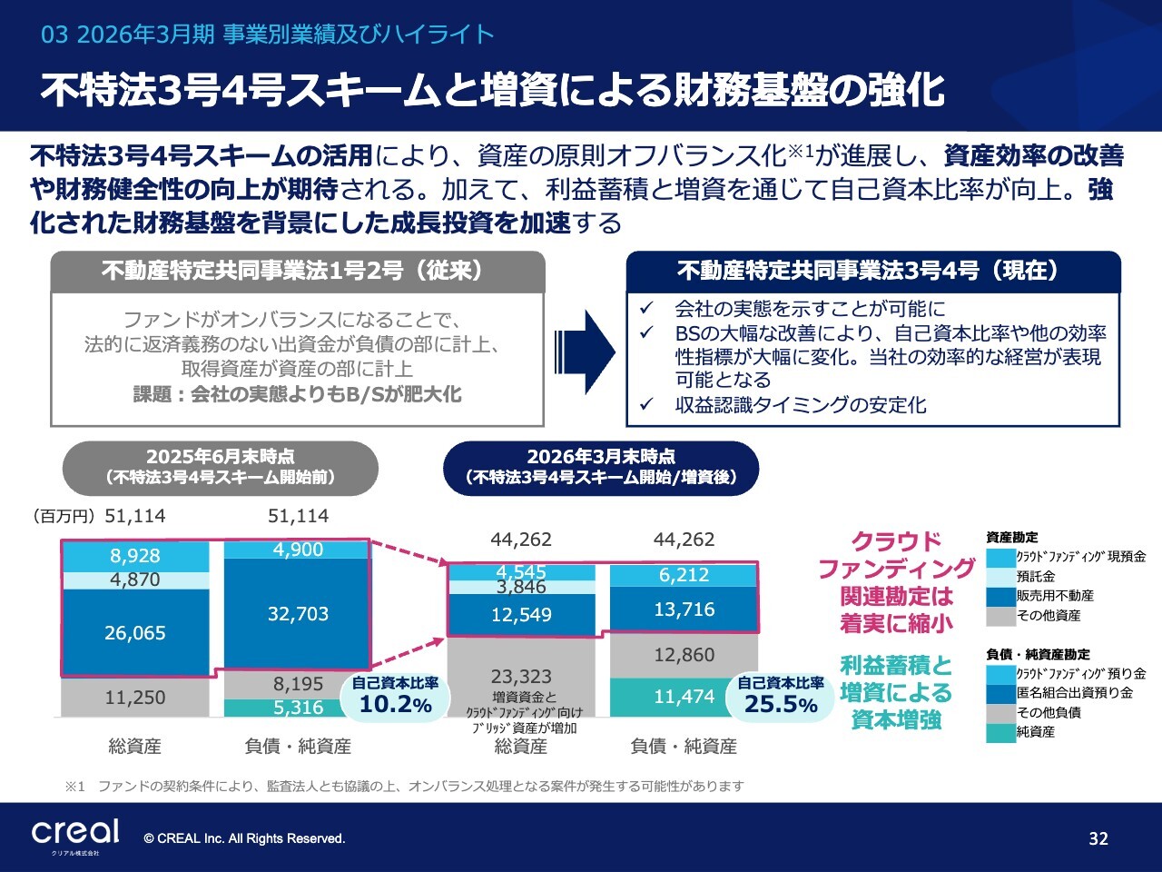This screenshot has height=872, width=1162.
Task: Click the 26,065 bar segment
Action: pyautogui.click(x=135, y=633)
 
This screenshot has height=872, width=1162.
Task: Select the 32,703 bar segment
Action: pyautogui.click(x=298, y=614)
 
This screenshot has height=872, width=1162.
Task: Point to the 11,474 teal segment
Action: pyautogui.click(x=673, y=697)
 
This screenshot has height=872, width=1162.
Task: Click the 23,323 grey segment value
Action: pyautogui.click(x=521, y=676)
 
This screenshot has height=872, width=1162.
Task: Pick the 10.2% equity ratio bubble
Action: pyautogui.click(x=396, y=696)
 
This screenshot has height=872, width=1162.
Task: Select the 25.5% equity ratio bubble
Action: pyautogui.click(x=781, y=696)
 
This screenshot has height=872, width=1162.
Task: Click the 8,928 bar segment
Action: pyautogui.click(x=135, y=556)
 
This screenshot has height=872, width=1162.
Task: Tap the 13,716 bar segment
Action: pyautogui.click(x=684, y=609)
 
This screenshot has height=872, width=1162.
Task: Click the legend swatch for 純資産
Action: pyautogui.click(x=1000, y=732)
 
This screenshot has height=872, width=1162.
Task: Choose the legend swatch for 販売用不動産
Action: pyautogui.click(x=1000, y=596)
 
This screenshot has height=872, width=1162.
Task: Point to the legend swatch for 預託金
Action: pyautogui.click(x=1000, y=577)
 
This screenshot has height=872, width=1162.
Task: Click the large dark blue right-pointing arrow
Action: pyautogui.click(x=585, y=352)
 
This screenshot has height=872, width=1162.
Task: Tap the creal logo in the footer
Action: pyautogui.click(x=74, y=832)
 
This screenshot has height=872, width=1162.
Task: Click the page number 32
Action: pyautogui.click(x=1098, y=838)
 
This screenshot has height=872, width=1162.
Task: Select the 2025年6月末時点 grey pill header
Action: pyautogui.click(x=221, y=468)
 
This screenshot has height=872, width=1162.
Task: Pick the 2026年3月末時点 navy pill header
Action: pyautogui.click(x=601, y=468)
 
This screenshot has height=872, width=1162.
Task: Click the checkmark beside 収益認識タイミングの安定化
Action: pyautogui.click(x=646, y=404)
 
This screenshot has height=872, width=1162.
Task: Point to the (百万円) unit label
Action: pyautogui.click(x=64, y=516)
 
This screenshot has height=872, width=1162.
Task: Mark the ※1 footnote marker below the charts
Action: pyautogui.click(x=74, y=787)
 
